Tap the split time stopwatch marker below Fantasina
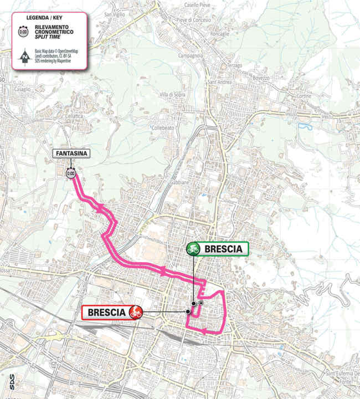pyautogui.click(x=70, y=173)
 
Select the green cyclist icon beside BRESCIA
pyautogui.click(x=193, y=249)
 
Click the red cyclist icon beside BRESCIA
pyautogui.click(x=135, y=313)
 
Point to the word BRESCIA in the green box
pyautogui.click(x=223, y=249)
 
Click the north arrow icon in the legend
pyautogui.click(x=24, y=57)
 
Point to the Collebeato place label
pyautogui.click(x=163, y=127)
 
